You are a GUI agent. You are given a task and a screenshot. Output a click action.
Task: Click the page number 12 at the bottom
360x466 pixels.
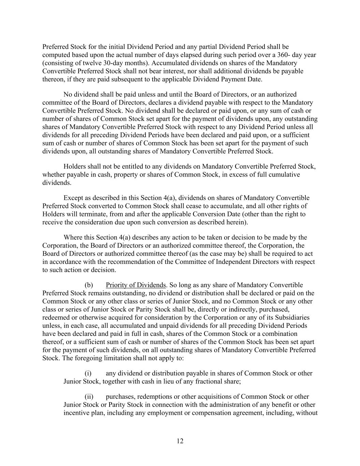(180, 441)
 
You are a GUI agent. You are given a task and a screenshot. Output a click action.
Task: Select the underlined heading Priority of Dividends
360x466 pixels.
(135, 285)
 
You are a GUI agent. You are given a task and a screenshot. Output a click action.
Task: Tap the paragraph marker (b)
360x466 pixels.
(89, 285)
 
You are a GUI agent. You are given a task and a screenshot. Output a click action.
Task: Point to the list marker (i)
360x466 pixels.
(88, 373)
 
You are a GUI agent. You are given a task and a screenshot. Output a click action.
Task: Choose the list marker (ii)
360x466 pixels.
(89, 397)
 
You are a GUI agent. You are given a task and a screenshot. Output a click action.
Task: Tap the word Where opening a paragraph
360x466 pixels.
(73, 238)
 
